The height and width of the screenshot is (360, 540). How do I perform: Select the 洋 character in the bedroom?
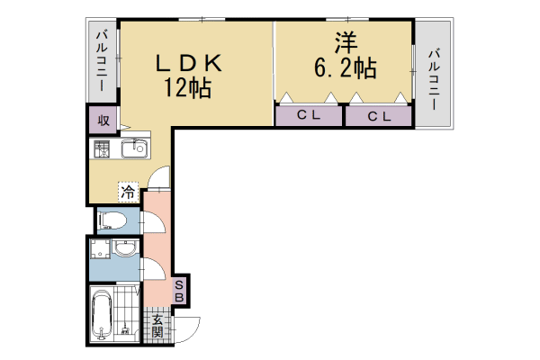[344, 42]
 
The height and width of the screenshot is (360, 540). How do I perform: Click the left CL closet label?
[309, 115]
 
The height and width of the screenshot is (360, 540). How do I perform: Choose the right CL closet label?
[378, 115]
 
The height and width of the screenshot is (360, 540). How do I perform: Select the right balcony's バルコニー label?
[434, 79]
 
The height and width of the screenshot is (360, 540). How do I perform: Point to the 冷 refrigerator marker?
[128, 192]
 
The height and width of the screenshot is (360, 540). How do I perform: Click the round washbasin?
[126, 248]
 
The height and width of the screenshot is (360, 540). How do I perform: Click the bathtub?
[101, 314]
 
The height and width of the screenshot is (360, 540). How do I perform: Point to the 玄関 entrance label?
[157, 327]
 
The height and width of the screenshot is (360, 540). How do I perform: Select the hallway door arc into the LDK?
[157, 178]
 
